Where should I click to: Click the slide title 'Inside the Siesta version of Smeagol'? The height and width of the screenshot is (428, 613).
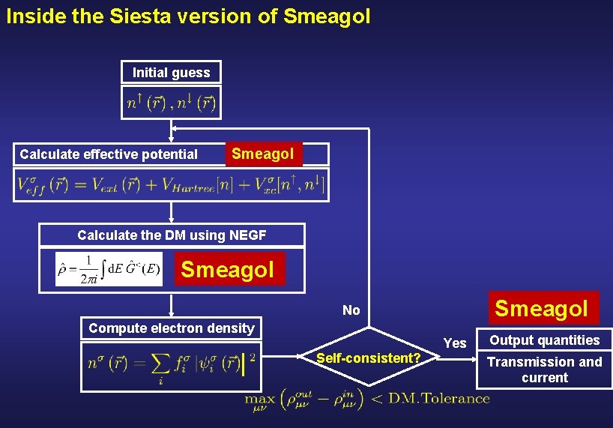tap(188, 16)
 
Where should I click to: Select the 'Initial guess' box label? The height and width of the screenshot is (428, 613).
tap(172, 73)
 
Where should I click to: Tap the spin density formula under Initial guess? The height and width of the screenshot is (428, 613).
tap(172, 103)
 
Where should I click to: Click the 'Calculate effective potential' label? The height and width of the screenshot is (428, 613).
tap(109, 154)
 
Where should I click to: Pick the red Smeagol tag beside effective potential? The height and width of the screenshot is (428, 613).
tap(263, 154)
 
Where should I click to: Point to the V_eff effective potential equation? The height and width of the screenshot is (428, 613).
tap(172, 184)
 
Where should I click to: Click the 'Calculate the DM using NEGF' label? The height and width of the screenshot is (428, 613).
tap(172, 235)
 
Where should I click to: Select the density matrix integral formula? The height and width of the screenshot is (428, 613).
tap(109, 269)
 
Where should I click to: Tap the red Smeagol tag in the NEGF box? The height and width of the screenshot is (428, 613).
tap(228, 269)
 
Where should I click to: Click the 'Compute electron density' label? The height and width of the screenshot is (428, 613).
tap(172, 328)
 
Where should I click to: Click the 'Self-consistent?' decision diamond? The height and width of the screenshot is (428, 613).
tap(368, 358)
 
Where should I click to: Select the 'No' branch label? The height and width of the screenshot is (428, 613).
tap(351, 310)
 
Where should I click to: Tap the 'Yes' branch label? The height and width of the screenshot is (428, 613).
tap(455, 343)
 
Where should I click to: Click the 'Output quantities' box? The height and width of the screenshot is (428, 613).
tap(545, 340)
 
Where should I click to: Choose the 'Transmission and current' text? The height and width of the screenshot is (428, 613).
tap(545, 370)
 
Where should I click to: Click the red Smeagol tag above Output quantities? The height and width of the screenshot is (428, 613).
tap(542, 308)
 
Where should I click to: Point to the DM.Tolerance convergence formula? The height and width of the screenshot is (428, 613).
tap(367, 399)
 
